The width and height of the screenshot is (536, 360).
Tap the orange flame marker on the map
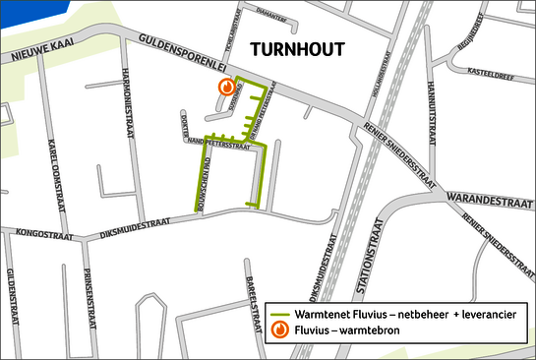pos(226,87)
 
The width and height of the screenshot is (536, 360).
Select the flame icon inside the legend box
pos(281,330)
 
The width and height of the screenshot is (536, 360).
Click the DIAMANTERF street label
pos(268,16)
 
